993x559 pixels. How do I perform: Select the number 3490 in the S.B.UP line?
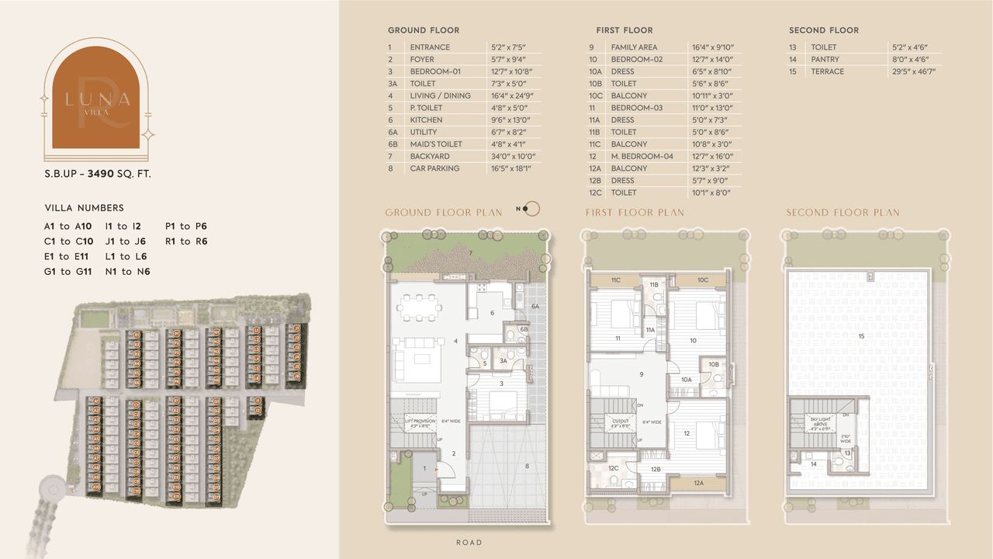point(101,174)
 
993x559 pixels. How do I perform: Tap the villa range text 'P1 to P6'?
point(186,227)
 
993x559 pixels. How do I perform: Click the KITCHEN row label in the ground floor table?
point(426,120)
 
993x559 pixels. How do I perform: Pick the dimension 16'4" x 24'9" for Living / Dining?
point(512,96)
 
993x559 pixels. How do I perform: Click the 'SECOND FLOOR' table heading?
point(823,30)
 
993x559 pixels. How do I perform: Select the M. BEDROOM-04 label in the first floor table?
point(642,156)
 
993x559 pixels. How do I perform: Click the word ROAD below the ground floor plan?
point(469,543)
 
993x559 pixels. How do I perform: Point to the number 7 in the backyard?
point(469,253)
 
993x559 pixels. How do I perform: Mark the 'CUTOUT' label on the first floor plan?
point(621,422)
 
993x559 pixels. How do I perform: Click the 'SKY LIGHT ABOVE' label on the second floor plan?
point(821,421)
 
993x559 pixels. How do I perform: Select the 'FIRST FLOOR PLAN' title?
point(635,213)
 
